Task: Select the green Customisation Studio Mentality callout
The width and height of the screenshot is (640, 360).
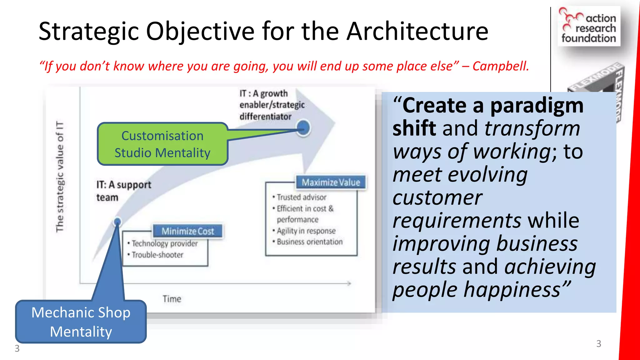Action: pos(162,144)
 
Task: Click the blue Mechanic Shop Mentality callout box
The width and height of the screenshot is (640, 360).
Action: pos(81,322)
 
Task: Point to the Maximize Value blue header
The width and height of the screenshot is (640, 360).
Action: pos(331,182)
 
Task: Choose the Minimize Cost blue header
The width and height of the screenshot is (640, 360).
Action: pos(188,231)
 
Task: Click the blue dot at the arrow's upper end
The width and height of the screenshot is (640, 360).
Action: pos(303,128)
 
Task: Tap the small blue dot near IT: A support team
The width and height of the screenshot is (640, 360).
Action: pos(117,222)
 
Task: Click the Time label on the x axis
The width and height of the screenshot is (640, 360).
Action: pos(172,299)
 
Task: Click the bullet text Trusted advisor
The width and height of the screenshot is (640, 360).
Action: pos(301,197)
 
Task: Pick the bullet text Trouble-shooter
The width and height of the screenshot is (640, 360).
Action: pos(157,255)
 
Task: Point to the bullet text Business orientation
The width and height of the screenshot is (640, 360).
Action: pos(309,242)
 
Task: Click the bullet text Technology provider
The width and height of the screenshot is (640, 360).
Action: pos(164,243)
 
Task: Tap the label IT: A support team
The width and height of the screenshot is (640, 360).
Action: pos(123,191)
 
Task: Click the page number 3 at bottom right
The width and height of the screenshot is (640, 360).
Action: pos(598,344)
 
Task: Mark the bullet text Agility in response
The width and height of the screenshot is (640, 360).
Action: pos(306,231)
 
